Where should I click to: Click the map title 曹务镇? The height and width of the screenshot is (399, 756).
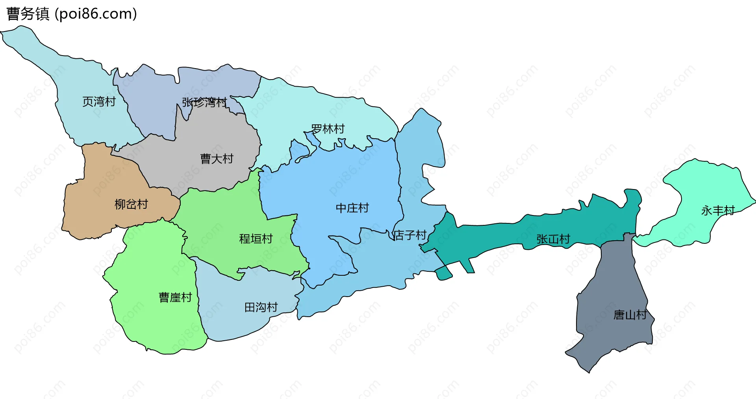point(28,14)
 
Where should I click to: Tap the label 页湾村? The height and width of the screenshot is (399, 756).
point(99,102)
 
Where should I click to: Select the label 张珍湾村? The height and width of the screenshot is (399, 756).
point(204,102)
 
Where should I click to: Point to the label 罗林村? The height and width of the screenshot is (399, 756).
point(328,129)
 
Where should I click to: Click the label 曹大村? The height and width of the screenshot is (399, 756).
point(217,159)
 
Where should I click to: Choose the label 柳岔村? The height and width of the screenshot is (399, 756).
point(131,204)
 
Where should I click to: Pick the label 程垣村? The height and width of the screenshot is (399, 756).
point(256,239)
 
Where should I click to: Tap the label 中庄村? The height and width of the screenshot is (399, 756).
point(352,208)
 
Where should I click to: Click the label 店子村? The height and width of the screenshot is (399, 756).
point(410,235)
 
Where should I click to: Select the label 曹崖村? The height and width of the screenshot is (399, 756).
point(175,297)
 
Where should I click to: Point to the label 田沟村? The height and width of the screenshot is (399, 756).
point(261,307)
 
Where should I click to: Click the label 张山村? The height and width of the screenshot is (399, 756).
point(553,239)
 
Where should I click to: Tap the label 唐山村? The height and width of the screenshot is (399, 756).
point(630,315)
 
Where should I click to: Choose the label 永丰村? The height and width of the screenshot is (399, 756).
point(717,211)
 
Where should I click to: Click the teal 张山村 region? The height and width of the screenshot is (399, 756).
point(492,236)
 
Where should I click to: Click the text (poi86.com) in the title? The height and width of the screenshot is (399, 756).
point(96,14)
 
